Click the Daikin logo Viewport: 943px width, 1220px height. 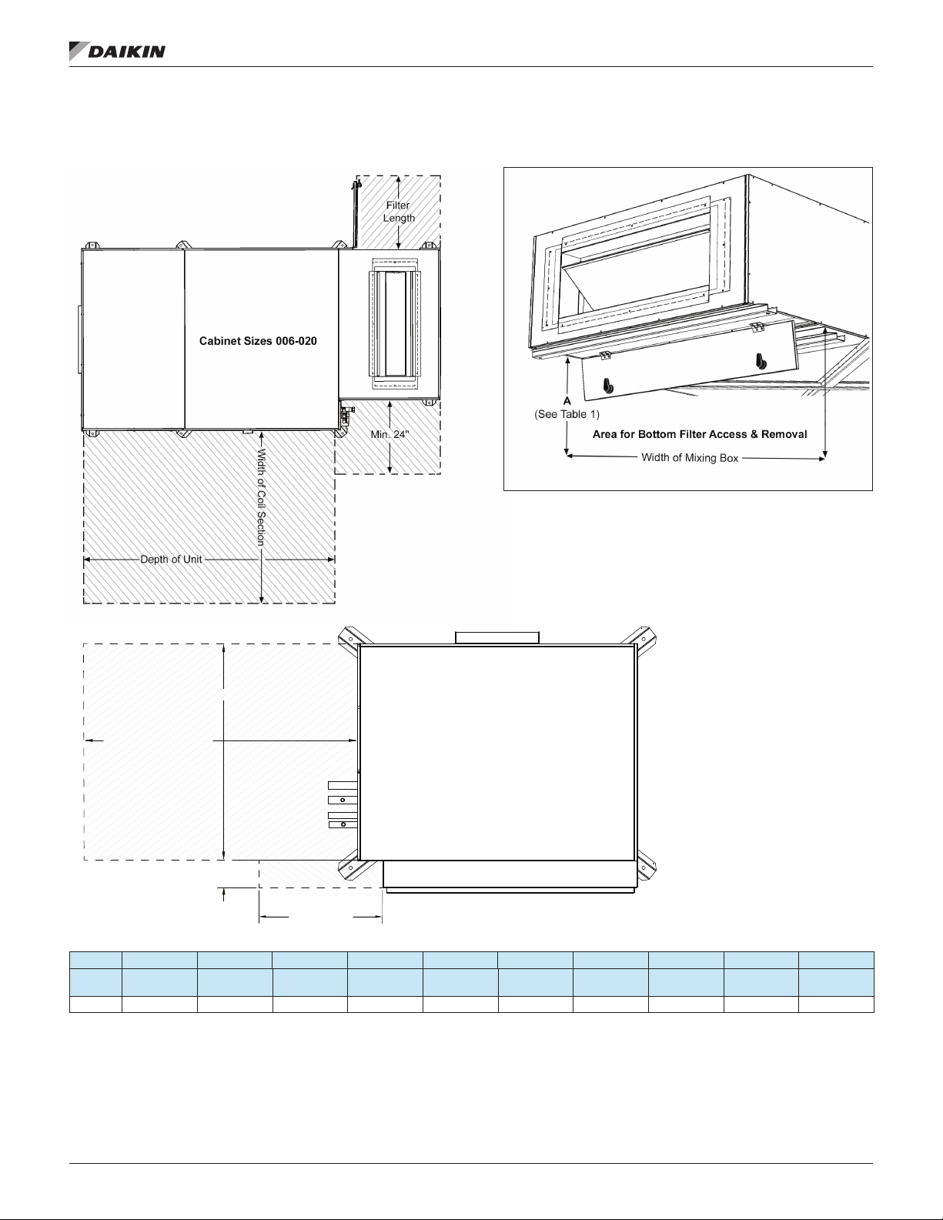coord(117,51)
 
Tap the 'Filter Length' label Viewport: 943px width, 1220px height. coord(399,212)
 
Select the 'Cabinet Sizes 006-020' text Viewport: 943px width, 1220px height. coord(258,341)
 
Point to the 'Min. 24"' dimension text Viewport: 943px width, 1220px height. coord(390,434)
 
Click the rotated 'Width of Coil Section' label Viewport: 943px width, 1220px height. coord(261,496)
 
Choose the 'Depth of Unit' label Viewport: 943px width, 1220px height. coord(171,559)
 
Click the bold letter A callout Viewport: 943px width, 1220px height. coord(567,401)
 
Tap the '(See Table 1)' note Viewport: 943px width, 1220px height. coord(567,414)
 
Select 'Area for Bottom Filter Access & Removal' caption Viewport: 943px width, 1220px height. coord(700,434)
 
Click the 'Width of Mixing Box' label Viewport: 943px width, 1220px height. coord(690,457)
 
